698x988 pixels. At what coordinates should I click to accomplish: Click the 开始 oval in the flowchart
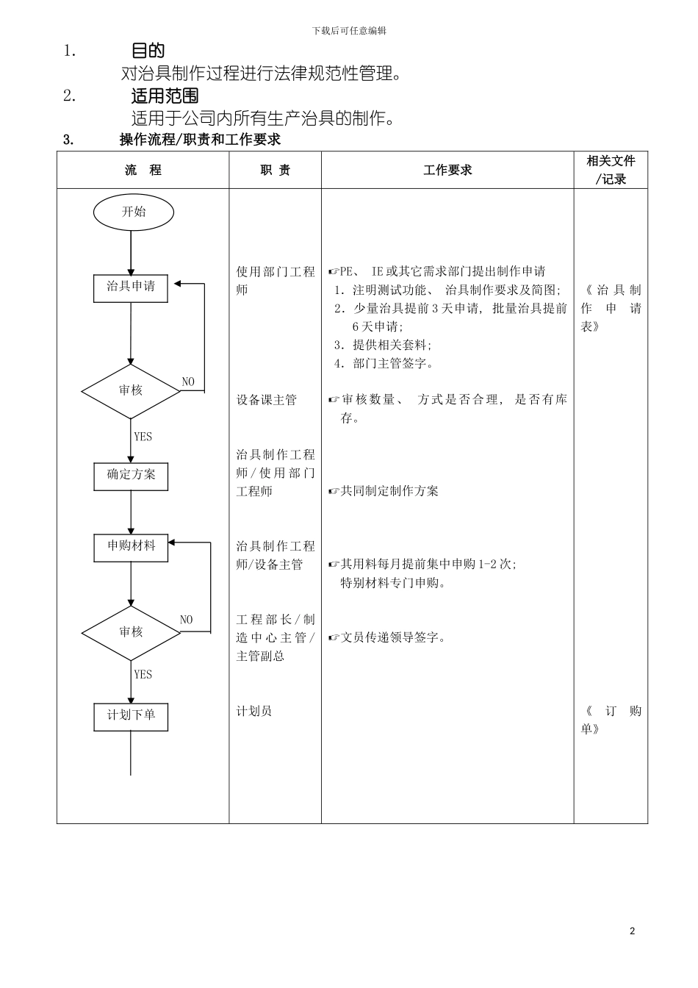[x=133, y=212]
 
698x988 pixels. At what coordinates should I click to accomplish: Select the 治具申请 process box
[x=131, y=287]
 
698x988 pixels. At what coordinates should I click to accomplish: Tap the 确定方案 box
[x=131, y=476]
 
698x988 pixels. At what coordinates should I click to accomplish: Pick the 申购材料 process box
[x=131, y=547]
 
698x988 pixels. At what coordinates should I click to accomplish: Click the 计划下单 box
[x=131, y=716]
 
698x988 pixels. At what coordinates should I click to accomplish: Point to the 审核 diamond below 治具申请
[x=131, y=391]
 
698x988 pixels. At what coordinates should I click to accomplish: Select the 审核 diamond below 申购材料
[x=131, y=632]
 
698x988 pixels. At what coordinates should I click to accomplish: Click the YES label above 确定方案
[x=143, y=437]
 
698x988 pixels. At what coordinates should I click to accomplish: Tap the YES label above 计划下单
[x=143, y=674]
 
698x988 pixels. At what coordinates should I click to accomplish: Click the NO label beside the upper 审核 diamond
[x=188, y=382]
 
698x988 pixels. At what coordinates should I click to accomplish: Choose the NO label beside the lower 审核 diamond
[x=186, y=620]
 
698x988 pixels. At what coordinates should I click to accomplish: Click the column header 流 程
[x=143, y=171]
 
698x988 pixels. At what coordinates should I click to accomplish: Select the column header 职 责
[x=275, y=171]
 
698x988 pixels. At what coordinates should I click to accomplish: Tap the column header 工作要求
[x=447, y=171]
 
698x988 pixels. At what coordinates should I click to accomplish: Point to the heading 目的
[x=148, y=51]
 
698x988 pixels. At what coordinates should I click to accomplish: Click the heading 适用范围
[x=165, y=96]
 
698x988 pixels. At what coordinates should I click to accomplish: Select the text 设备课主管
[x=266, y=400]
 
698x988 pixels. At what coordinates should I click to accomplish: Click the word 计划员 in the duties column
[x=253, y=711]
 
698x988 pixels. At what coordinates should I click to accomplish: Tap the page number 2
[x=632, y=931]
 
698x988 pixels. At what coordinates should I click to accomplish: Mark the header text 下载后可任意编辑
[x=349, y=31]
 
